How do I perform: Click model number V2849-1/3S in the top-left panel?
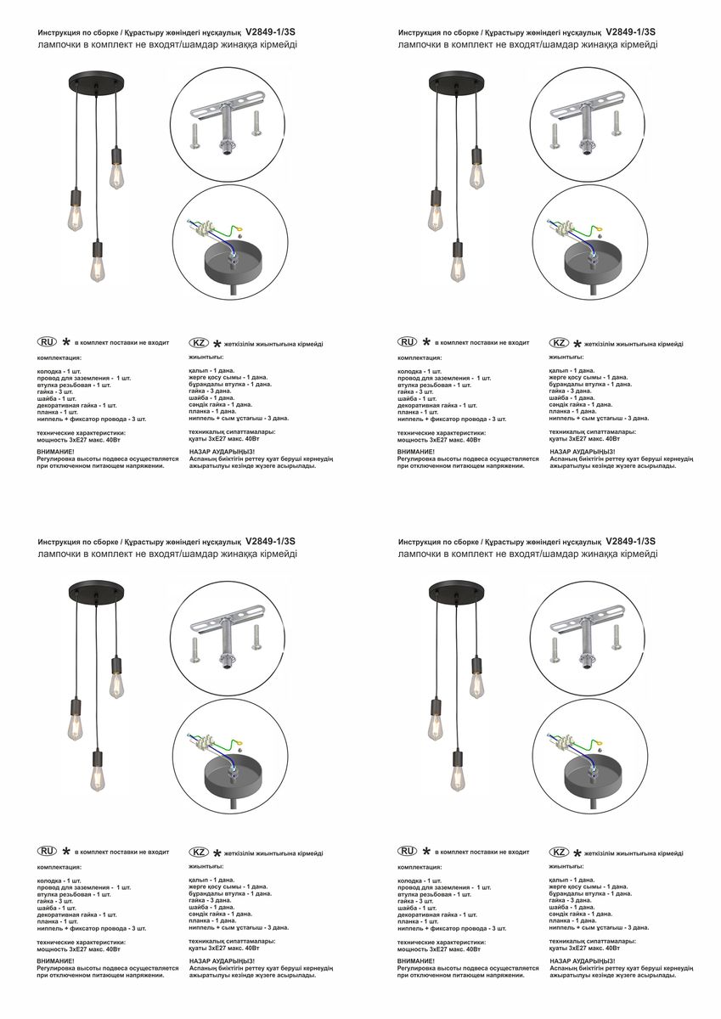pos(270,31)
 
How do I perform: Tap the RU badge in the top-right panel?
pos(408,342)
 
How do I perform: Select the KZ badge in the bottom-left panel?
pos(199,852)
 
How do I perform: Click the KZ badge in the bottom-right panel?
pos(560,852)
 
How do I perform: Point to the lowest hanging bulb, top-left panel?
pos(99,266)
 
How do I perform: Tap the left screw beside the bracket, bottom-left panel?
pos(196,651)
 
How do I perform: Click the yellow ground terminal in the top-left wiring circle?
pos(239,230)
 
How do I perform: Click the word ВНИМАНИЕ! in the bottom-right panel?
pos(415,960)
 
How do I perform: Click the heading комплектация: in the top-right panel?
pos(420,358)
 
